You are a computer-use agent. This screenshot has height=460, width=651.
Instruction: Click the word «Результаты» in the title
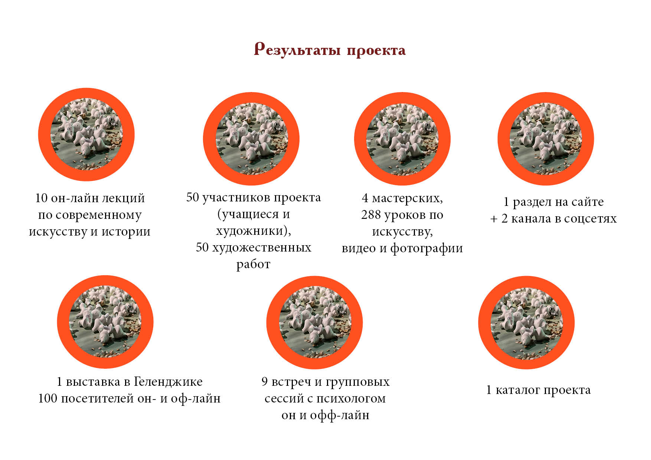click(x=297, y=49)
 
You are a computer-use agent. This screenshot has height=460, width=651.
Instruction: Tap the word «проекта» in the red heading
click(x=376, y=51)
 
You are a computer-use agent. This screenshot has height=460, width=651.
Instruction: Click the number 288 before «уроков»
click(x=371, y=214)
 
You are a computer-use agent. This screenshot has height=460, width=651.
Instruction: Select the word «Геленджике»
click(x=168, y=382)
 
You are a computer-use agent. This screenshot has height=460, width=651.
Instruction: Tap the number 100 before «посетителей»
click(x=48, y=398)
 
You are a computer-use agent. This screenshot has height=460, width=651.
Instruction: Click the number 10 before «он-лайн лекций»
click(x=42, y=198)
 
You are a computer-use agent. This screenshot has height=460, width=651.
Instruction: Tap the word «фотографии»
click(x=426, y=248)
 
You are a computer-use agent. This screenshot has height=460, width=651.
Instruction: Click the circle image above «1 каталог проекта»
click(x=526, y=323)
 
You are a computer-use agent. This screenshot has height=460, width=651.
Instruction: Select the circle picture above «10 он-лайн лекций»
click(x=86, y=135)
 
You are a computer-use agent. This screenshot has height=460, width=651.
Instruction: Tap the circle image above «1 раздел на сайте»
click(x=546, y=139)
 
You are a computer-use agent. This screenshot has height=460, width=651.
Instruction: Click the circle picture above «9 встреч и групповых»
click(x=314, y=323)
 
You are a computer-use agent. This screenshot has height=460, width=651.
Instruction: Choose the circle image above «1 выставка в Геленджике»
click(x=105, y=322)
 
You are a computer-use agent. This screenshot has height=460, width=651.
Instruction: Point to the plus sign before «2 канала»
click(x=494, y=219)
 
